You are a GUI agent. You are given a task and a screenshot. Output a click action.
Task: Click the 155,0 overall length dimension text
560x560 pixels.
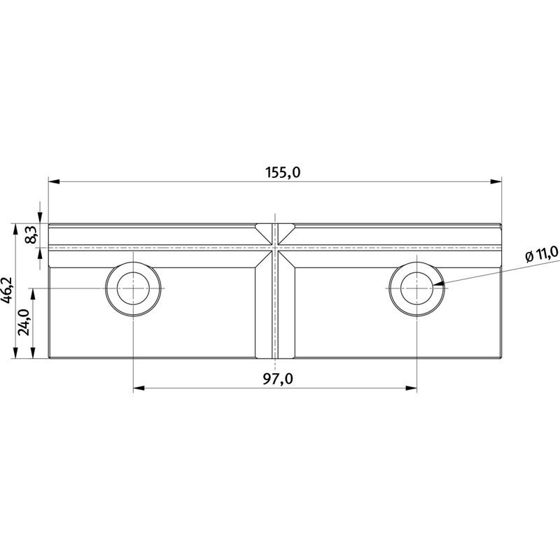tap(283, 172)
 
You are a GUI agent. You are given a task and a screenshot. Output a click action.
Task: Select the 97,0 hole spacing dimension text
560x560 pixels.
tap(278, 379)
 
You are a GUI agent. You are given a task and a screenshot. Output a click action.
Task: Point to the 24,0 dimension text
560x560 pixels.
tap(24, 322)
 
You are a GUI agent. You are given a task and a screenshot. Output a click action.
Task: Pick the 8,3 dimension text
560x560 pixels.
tap(31, 234)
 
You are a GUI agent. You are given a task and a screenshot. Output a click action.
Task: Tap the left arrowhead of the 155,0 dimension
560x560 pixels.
tap(54, 181)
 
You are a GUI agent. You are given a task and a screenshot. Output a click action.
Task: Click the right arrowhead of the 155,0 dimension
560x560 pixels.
tap(496, 181)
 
